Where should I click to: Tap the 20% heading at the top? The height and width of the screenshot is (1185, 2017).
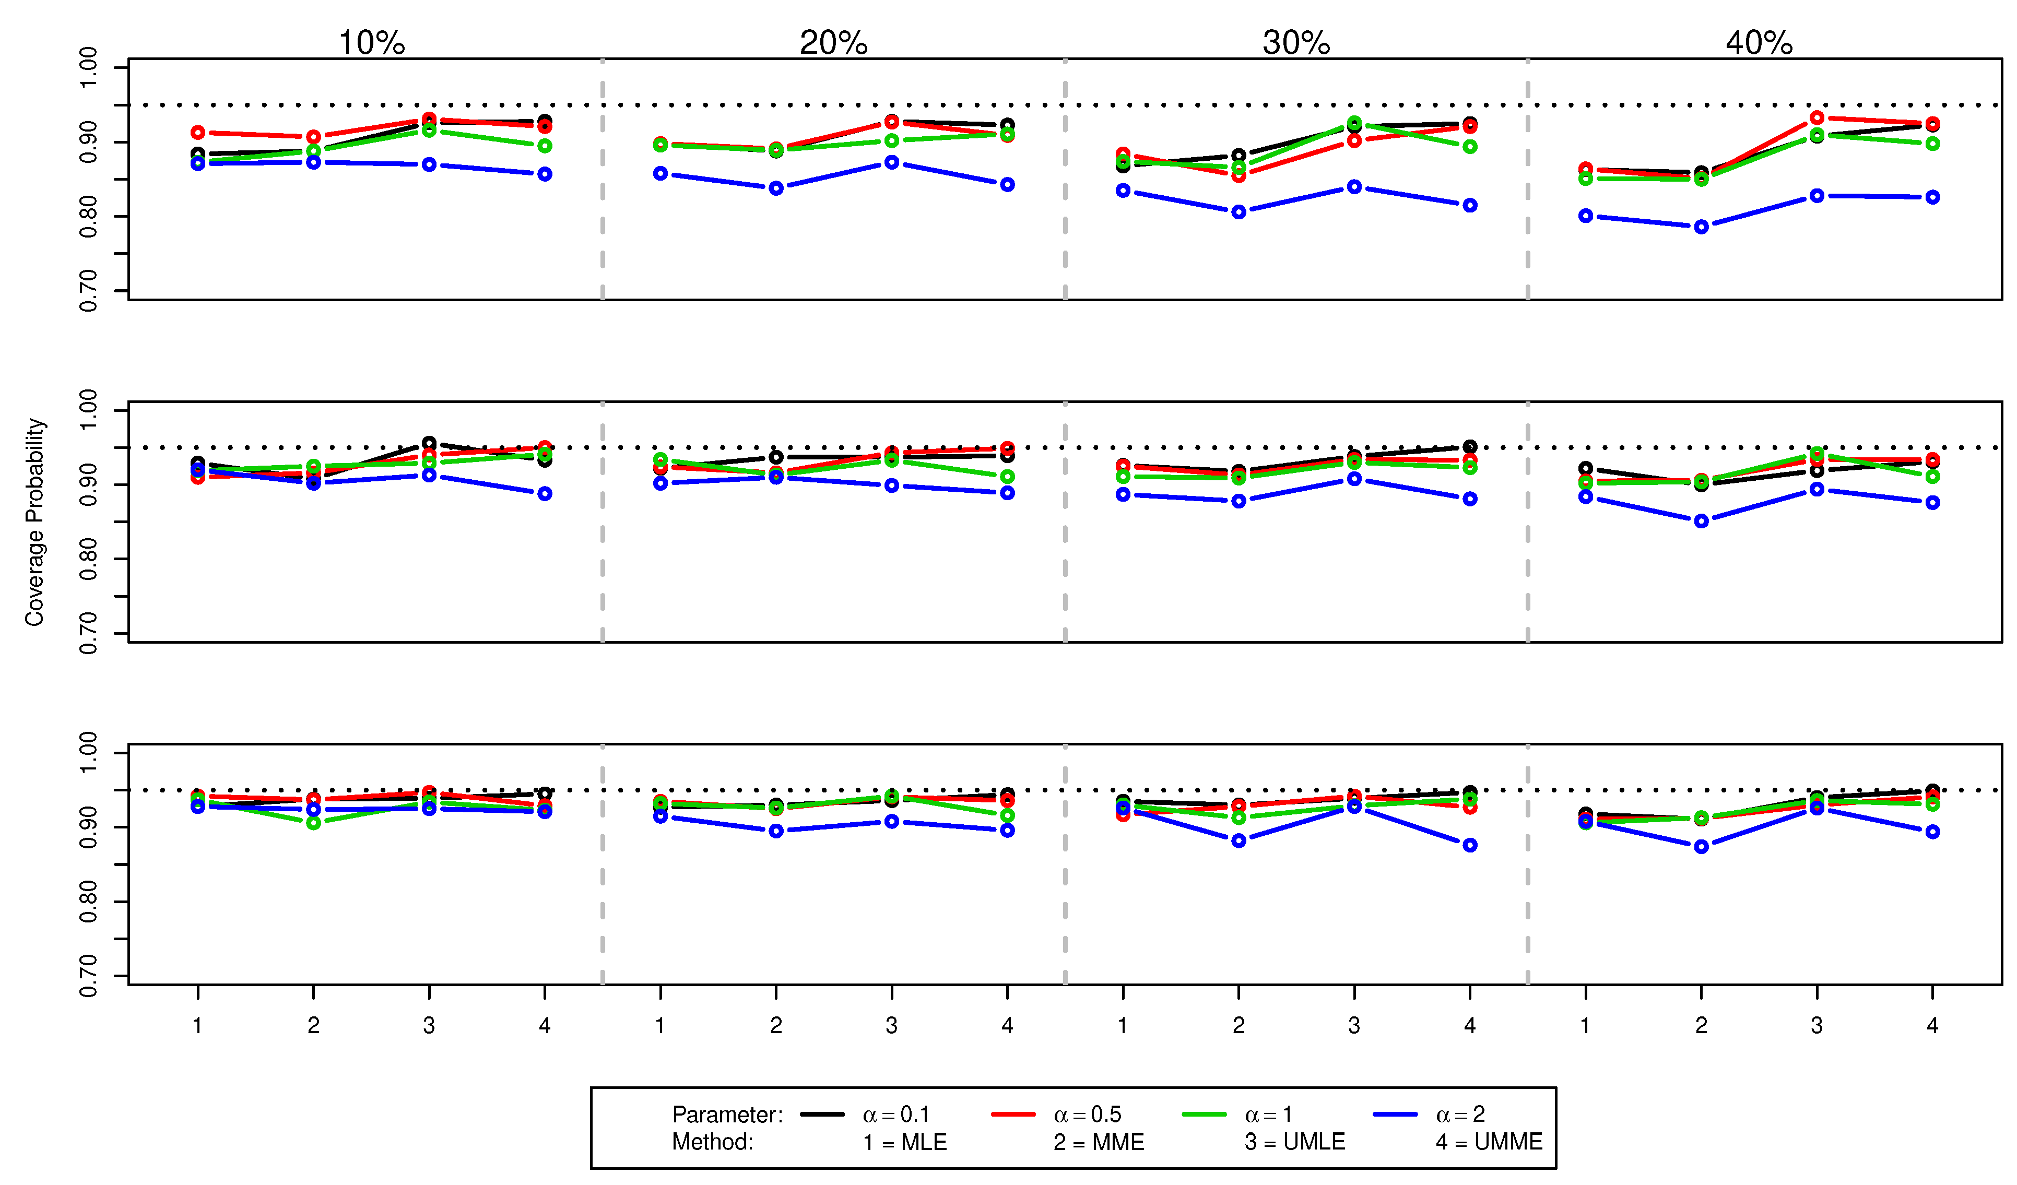click(x=833, y=42)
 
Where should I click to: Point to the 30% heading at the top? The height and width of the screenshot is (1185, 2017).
click(x=1296, y=42)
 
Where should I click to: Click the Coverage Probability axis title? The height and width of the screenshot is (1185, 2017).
click(x=34, y=522)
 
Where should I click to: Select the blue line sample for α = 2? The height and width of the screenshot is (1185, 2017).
click(x=1395, y=1114)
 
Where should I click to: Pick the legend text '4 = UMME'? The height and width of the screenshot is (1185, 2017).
click(x=1489, y=1142)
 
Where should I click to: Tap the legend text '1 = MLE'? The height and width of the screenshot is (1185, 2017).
click(x=904, y=1142)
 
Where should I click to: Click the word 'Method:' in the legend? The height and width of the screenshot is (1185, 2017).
click(x=712, y=1142)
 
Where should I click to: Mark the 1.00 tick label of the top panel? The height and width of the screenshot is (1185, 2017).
click(x=89, y=68)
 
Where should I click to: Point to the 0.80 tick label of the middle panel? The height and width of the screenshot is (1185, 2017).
click(x=89, y=559)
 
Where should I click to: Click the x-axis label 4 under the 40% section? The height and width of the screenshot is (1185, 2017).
click(x=1932, y=1026)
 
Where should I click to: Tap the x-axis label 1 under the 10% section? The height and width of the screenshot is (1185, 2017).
click(x=198, y=1026)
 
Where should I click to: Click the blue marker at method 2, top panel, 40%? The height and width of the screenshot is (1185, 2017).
click(x=1702, y=227)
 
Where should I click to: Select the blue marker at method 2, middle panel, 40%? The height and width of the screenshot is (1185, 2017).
click(x=1702, y=521)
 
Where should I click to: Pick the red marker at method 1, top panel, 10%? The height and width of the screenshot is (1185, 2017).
click(x=198, y=133)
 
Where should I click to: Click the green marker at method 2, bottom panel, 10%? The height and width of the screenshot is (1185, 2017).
click(x=314, y=823)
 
